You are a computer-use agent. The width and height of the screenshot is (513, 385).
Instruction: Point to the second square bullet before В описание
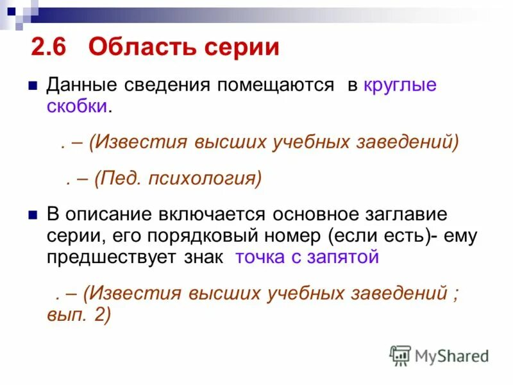pos(33,214)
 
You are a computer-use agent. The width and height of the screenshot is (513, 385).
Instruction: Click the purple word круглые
pos(400,85)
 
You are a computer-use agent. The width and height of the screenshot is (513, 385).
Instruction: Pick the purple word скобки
pos(76,107)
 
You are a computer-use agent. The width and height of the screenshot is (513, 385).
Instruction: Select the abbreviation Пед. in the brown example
pos(119,178)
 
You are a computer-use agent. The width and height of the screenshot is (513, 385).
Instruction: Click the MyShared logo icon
pos(401,355)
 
